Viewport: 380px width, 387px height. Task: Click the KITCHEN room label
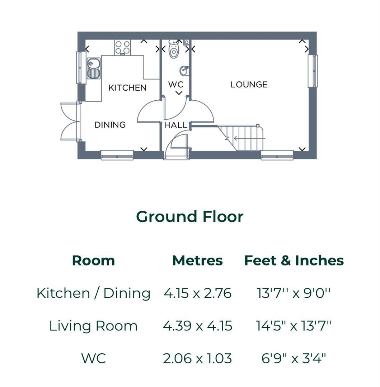click(x=127, y=88)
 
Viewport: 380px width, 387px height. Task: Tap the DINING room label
click(x=110, y=125)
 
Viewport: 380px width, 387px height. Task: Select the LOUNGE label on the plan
click(x=249, y=85)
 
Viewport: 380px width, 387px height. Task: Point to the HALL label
click(x=175, y=125)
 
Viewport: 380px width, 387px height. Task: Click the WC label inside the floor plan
click(x=175, y=85)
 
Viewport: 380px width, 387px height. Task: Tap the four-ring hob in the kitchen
click(x=122, y=47)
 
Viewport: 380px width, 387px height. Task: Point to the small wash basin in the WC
click(x=184, y=71)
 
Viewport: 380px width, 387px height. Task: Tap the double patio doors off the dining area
click(x=70, y=122)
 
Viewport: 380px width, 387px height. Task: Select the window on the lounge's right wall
click(x=313, y=71)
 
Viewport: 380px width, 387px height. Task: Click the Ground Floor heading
click(x=189, y=217)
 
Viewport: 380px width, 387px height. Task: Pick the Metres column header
click(x=197, y=261)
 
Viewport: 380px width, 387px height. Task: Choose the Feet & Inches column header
click(x=294, y=261)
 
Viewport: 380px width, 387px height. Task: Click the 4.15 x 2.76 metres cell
click(x=197, y=293)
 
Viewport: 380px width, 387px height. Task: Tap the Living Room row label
click(x=93, y=326)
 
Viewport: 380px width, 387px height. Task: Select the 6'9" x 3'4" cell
click(x=294, y=358)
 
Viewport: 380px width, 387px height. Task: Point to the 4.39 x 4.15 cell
click(x=197, y=326)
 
